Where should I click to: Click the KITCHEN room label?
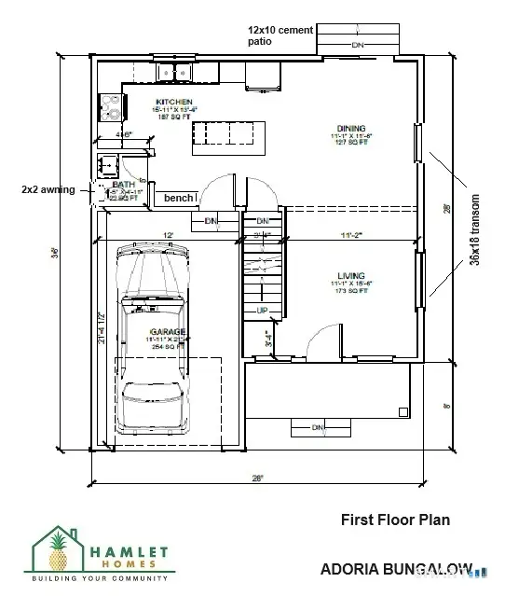(x=173, y=102)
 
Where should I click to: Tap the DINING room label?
(x=351, y=128)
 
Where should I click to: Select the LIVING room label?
(x=350, y=276)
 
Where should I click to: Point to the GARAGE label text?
(x=170, y=331)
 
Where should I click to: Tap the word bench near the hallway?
(x=179, y=199)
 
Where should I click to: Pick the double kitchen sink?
(x=173, y=72)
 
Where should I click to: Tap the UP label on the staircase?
(x=263, y=311)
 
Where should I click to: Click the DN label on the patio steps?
(x=358, y=44)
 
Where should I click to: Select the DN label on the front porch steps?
(x=318, y=427)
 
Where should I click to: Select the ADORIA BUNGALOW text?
(x=396, y=568)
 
